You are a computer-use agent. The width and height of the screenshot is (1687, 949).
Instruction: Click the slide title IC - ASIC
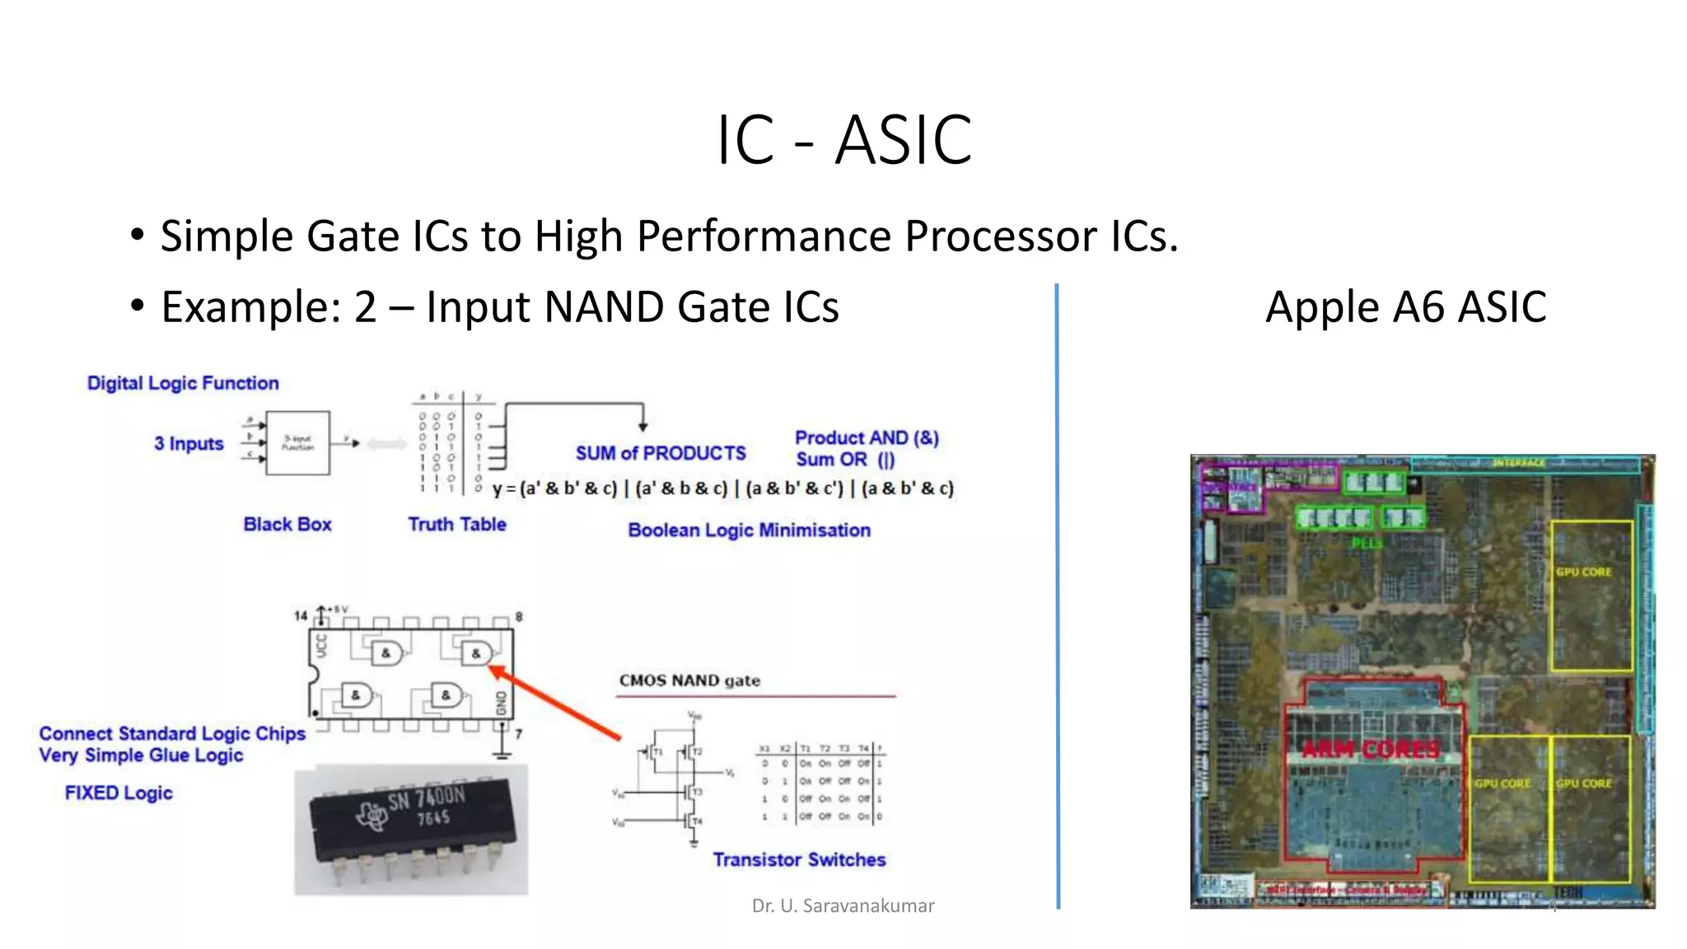click(x=843, y=140)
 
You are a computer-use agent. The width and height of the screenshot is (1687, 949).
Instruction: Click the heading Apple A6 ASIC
click(x=1405, y=307)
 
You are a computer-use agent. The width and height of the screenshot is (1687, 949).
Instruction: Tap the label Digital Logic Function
click(x=183, y=383)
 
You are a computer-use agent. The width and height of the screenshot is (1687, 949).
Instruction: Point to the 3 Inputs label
click(x=189, y=444)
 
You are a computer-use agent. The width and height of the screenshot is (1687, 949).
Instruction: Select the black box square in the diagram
click(x=297, y=443)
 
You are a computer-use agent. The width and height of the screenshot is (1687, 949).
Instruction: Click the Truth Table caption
click(x=457, y=525)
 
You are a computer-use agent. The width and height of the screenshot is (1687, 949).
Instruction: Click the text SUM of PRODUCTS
click(x=661, y=454)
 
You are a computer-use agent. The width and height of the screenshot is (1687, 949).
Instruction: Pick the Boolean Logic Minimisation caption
click(x=749, y=531)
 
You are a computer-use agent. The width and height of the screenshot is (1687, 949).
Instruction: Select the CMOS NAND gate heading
click(x=689, y=680)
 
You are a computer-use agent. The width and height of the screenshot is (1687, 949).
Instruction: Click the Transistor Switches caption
click(x=799, y=860)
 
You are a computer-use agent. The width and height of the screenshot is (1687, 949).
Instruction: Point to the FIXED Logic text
click(x=119, y=793)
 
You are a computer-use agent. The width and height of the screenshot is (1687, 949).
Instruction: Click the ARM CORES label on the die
click(x=1371, y=750)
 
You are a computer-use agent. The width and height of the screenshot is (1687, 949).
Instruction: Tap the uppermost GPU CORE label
click(x=1583, y=572)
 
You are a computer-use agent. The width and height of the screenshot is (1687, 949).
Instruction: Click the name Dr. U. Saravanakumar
click(x=843, y=906)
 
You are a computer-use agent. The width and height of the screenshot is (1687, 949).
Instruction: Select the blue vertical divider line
click(x=1057, y=593)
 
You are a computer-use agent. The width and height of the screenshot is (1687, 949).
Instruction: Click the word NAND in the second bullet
click(x=604, y=307)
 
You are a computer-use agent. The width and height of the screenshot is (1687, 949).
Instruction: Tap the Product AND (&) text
click(x=867, y=438)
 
